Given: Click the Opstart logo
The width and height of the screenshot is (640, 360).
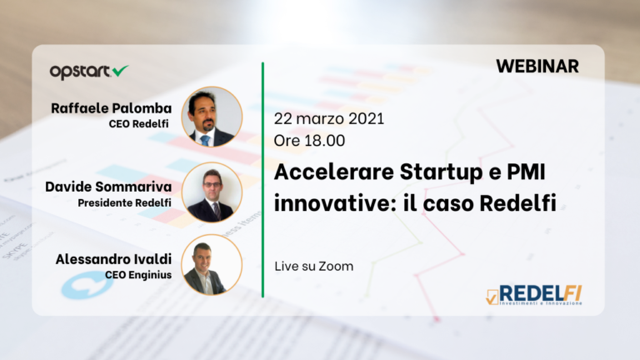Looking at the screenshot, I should [x=88, y=72].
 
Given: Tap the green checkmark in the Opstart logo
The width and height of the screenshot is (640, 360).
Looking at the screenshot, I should [x=120, y=71].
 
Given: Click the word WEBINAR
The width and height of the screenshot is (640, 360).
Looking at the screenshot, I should [x=537, y=67].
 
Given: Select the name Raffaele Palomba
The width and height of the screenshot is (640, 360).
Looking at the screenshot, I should [x=111, y=108].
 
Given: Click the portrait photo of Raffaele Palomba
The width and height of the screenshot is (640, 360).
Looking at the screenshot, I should [x=211, y=117].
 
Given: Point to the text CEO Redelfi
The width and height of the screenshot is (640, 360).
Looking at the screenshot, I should [x=139, y=124].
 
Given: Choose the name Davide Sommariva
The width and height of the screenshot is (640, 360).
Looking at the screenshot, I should [x=107, y=186].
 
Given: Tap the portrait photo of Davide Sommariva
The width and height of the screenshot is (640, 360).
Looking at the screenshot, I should [x=211, y=191].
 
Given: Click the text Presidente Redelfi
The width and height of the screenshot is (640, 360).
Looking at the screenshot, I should [x=125, y=202].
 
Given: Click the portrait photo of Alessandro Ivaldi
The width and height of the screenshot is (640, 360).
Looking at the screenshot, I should [x=211, y=265].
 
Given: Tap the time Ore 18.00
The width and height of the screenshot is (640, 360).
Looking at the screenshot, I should [x=309, y=141].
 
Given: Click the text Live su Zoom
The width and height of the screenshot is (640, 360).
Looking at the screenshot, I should [x=313, y=267].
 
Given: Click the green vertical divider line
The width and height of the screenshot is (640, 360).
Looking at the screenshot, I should [x=263, y=179].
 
